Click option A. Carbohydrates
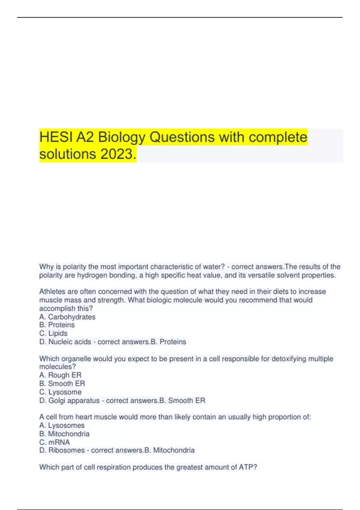click(67, 317)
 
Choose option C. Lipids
click(53, 333)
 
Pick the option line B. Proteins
click(57, 325)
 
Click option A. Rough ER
click(60, 375)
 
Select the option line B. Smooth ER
click(62, 383)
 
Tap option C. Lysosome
click(60, 392)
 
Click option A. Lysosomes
click(62, 425)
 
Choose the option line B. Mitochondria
click(64, 434)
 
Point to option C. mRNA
click(55, 442)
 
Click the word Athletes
click(52, 292)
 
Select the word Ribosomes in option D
click(66, 450)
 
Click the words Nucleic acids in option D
click(70, 342)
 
